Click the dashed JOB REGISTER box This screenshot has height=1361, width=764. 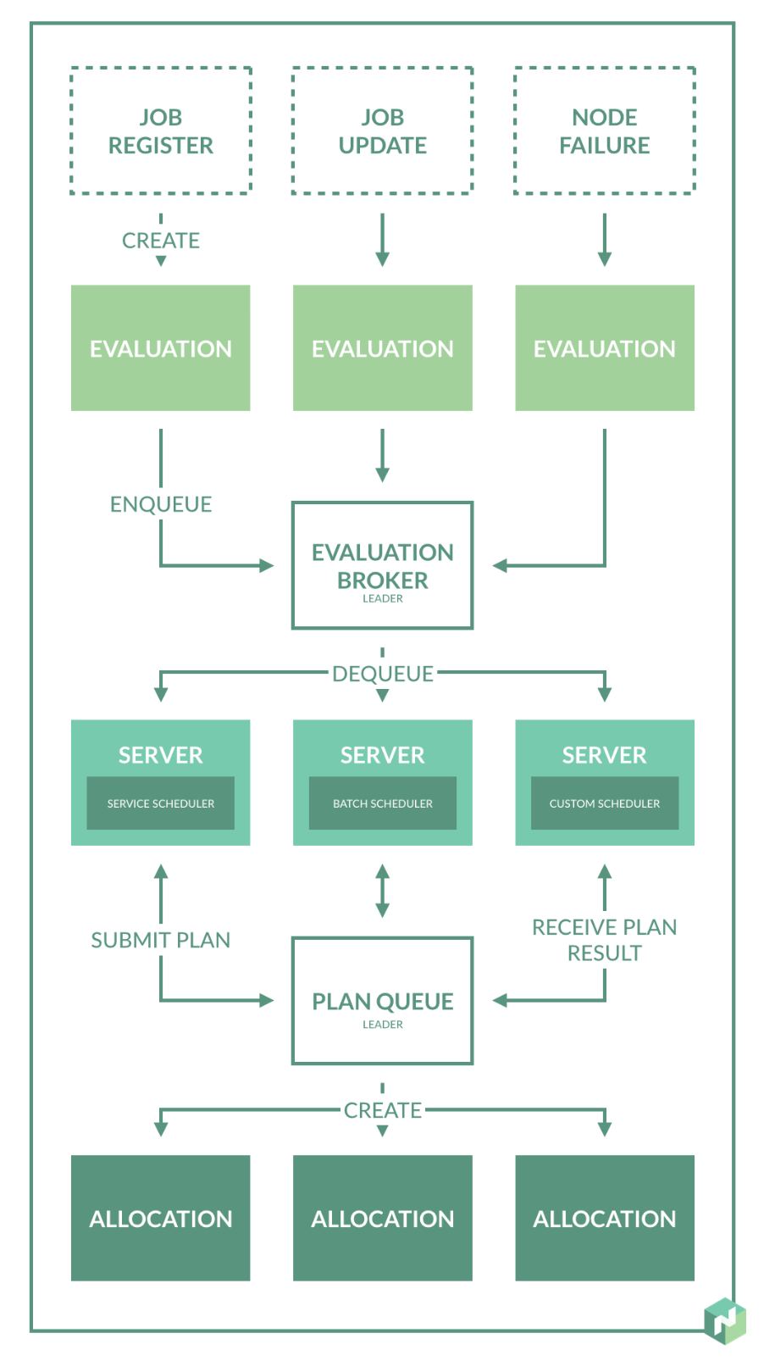tap(161, 131)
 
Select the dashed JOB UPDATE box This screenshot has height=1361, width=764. tap(382, 131)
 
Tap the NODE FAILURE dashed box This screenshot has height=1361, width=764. tap(604, 131)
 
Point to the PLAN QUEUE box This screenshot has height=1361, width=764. tap(382, 1000)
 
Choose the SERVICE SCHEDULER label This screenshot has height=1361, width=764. tap(161, 803)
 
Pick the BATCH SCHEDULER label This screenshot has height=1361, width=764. tap(382, 803)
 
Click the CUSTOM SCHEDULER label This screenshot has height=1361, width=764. tap(604, 803)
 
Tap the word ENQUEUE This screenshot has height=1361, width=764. tap(161, 504)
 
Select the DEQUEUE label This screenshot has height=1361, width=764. tap(382, 674)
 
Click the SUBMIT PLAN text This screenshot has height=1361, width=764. tap(161, 940)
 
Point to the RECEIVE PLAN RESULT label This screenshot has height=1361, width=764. tap(604, 940)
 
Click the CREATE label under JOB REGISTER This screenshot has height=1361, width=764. tap(161, 241)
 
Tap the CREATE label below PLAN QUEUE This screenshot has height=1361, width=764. tap(382, 1110)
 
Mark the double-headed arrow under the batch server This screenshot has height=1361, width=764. tap(382, 891)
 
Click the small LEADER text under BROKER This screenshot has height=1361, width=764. tap(382, 598)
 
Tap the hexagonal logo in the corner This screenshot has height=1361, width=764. tap(724, 1320)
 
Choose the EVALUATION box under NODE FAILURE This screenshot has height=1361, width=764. tap(604, 348)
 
